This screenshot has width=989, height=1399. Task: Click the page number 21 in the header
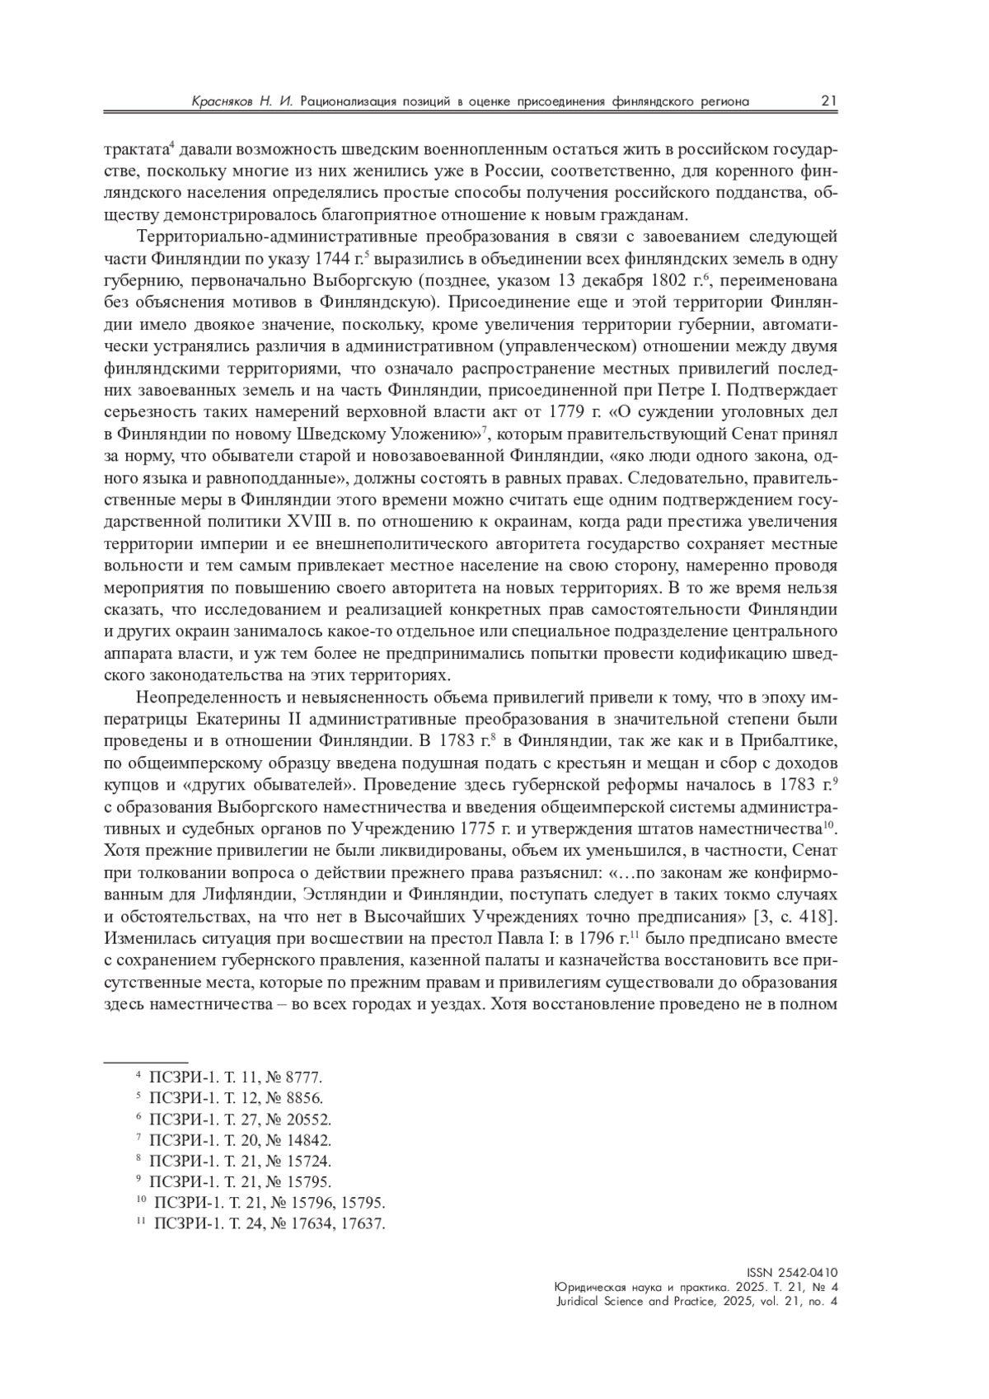(828, 101)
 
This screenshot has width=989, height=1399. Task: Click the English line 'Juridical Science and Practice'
(696, 1302)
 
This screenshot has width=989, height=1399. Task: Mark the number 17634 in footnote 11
(312, 1223)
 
